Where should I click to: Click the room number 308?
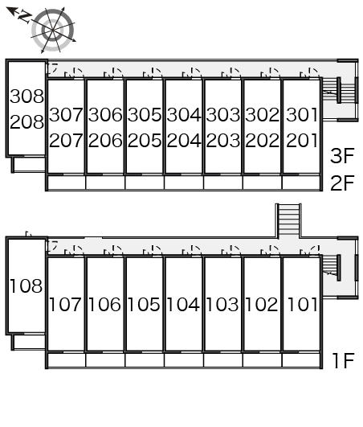tap(27, 96)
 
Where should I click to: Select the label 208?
tap(27, 121)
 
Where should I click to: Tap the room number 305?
tap(145, 115)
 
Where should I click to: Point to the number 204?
tap(184, 141)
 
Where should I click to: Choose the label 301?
tap(302, 115)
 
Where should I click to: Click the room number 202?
tap(262, 141)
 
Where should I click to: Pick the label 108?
tap(27, 286)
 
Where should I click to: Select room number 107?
tap(65, 304)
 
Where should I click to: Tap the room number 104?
tap(183, 304)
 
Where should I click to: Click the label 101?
tap(302, 304)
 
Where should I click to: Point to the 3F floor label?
tap(342, 155)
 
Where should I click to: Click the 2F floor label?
tap(342, 183)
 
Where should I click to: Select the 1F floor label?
tap(344, 360)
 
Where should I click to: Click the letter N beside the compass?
tap(25, 16)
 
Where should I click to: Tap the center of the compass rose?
tap(52, 30)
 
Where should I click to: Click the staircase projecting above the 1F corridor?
tap(289, 221)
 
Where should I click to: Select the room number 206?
tap(105, 141)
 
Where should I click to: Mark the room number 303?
tap(223, 115)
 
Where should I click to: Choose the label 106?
tap(104, 304)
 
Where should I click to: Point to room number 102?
tap(262, 304)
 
